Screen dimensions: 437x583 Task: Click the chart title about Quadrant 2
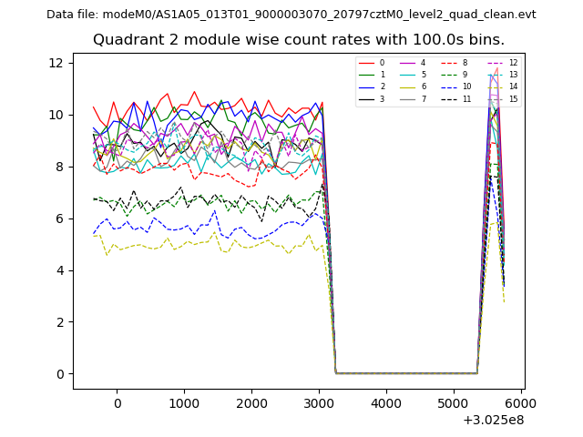click(298, 40)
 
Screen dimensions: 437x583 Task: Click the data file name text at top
click(291, 15)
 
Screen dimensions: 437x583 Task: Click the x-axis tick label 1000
click(184, 402)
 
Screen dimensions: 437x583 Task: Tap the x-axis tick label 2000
click(251, 402)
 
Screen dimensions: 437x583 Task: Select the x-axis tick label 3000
click(319, 402)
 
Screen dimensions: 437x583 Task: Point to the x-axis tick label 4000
click(386, 402)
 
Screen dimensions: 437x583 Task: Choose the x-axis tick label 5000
click(454, 402)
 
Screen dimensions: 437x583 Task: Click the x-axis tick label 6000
click(521, 402)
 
